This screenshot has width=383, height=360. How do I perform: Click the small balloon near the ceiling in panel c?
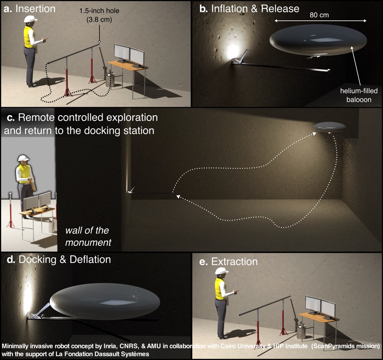330,126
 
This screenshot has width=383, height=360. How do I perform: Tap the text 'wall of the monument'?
88,236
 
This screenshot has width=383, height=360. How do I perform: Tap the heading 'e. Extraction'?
229,261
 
